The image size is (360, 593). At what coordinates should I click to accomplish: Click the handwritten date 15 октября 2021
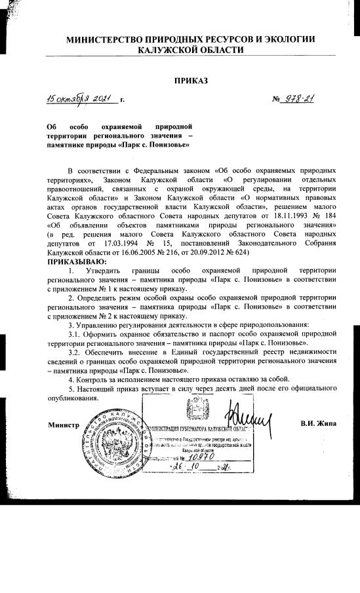point(83,99)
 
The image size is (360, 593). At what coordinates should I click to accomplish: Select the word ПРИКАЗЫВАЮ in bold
point(77,261)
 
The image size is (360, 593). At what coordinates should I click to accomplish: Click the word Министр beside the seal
point(64,424)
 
